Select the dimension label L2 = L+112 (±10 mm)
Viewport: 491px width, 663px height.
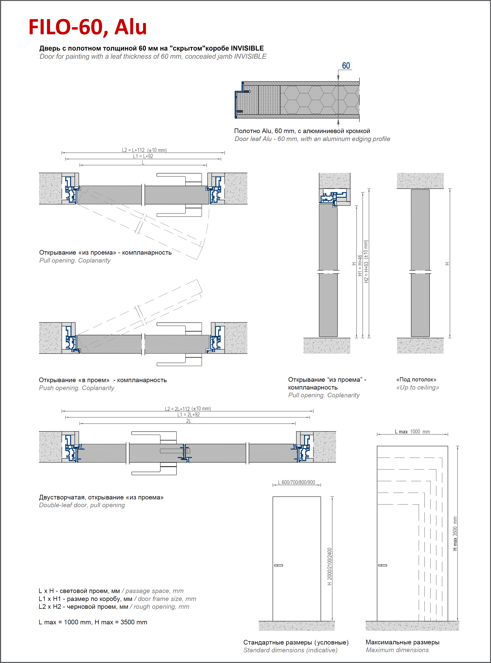coord(144,150)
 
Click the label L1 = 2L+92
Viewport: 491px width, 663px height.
coord(188,414)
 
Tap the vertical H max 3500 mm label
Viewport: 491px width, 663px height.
coord(455,534)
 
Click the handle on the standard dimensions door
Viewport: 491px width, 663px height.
coord(279,565)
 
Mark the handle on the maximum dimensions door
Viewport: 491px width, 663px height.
coord(382,565)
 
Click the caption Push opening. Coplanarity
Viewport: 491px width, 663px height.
coord(76,388)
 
